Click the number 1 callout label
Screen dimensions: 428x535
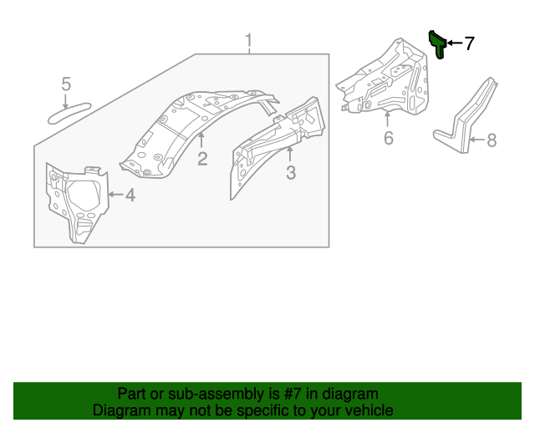point(248,41)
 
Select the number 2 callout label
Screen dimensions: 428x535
point(202,159)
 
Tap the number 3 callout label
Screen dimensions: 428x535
point(291,173)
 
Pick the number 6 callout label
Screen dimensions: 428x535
point(388,138)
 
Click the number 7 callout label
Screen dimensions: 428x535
point(469,43)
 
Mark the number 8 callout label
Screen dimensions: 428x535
point(492,140)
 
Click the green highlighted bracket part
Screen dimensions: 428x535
point(436,43)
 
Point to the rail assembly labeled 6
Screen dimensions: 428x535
point(385,79)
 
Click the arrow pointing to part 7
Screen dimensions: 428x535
point(454,43)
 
